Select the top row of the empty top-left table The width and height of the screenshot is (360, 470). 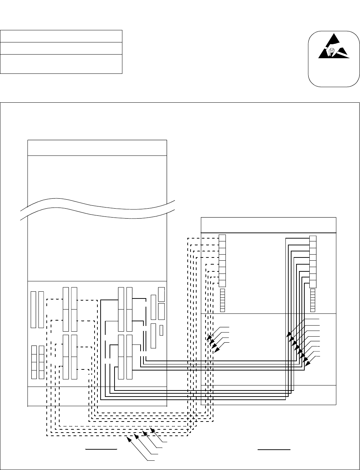[x=61, y=36]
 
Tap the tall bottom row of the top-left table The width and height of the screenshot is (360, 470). [x=61, y=64]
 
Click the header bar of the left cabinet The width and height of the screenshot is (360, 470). [x=97, y=148]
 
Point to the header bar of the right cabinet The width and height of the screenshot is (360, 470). [x=268, y=225]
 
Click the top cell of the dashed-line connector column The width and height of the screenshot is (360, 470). [x=222, y=238]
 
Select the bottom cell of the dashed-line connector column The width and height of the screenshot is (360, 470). [x=222, y=283]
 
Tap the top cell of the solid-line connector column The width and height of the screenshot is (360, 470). [x=313, y=239]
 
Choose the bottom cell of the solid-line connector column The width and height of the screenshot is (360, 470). [x=313, y=284]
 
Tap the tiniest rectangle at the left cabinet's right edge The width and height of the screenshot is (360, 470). [x=161, y=331]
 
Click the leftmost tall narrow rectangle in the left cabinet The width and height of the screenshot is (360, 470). [x=33, y=310]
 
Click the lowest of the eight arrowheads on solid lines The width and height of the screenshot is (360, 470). [x=306, y=364]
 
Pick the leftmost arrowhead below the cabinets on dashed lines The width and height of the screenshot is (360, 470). [x=129, y=438]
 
